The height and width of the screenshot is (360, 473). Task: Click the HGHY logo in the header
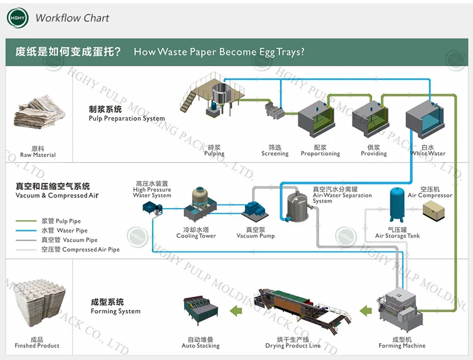click(18, 18)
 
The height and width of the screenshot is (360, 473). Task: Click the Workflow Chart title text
click(72, 18)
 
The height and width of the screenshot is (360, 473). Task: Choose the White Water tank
click(428, 117)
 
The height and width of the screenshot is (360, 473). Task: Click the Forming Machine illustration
click(402, 312)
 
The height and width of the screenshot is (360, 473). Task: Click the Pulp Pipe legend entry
click(56, 221)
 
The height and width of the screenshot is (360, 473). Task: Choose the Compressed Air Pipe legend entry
click(69, 250)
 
